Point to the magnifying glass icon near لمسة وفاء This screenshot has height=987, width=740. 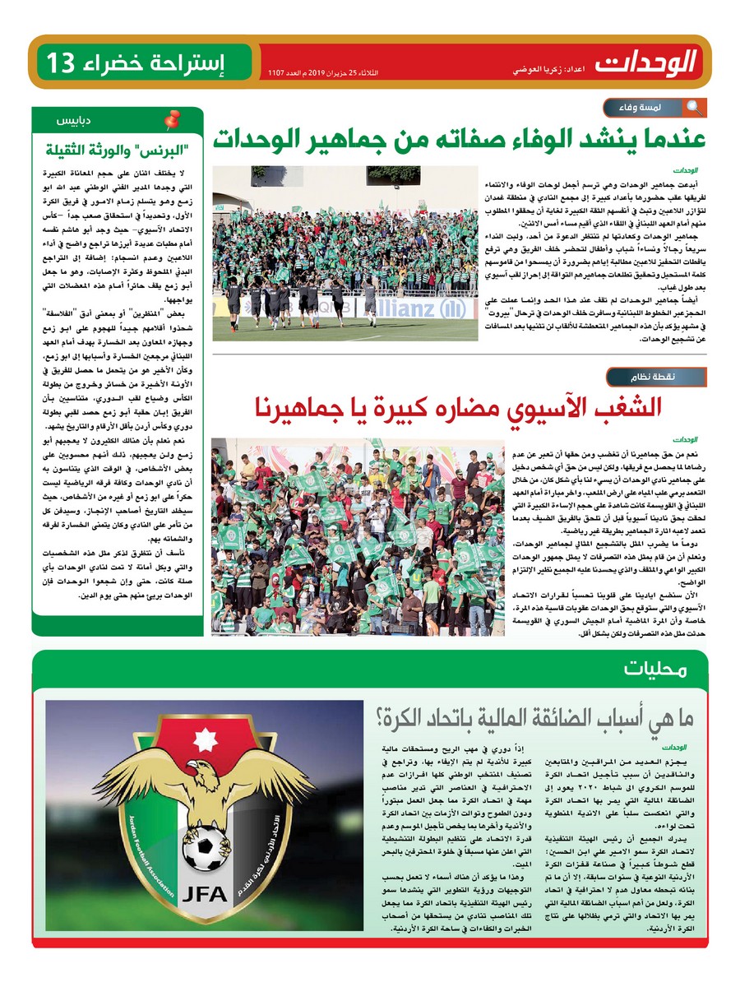pyautogui.click(x=693, y=107)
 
